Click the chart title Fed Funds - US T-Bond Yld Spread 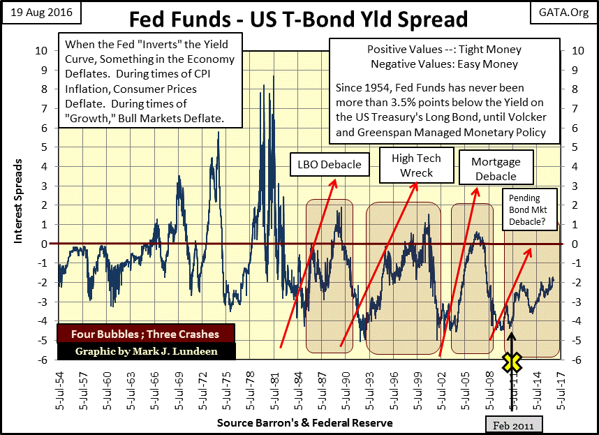coord(299,18)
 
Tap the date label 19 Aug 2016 coord(41,12)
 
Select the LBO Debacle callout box coord(329,165)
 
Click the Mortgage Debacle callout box coord(496,168)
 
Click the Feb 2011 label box coord(515,425)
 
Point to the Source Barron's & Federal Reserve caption coord(304,422)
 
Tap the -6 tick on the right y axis coord(575,360)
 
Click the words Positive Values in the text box coord(397,50)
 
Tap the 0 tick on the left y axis coord(45,244)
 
